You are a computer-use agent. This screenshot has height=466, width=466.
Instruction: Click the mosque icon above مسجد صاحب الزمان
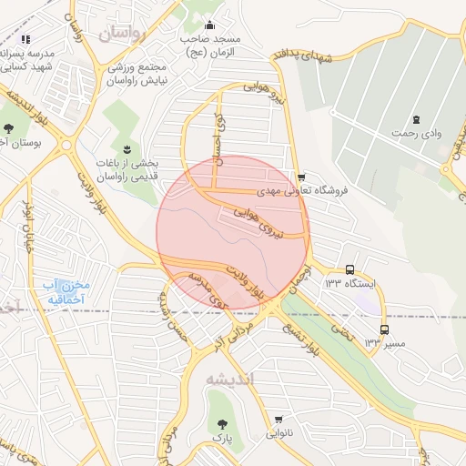click(x=210, y=25)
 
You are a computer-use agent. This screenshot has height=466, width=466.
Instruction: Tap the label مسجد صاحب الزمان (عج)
click(x=209, y=45)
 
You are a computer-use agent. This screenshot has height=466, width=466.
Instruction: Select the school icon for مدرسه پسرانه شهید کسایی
click(x=25, y=39)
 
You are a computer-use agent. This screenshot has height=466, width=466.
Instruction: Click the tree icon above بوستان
click(x=9, y=127)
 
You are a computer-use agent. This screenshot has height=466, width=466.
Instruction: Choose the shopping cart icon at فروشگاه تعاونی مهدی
click(x=301, y=177)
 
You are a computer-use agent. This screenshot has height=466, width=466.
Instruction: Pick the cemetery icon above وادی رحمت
click(x=416, y=119)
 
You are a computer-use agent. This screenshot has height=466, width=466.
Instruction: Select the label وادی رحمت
click(x=416, y=135)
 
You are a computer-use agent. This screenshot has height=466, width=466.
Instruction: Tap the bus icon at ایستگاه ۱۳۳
click(x=350, y=269)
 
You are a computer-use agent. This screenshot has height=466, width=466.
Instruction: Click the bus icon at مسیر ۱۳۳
click(x=383, y=329)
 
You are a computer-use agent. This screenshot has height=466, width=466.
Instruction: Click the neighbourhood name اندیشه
click(x=228, y=378)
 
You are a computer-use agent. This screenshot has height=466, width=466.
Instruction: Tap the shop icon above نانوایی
click(x=278, y=419)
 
